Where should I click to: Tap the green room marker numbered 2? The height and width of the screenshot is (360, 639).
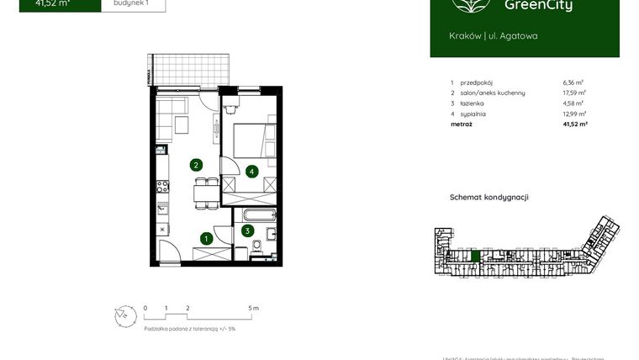click(x=195, y=165)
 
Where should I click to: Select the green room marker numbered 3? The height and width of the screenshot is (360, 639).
click(x=247, y=230)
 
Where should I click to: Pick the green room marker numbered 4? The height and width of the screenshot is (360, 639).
click(x=252, y=171)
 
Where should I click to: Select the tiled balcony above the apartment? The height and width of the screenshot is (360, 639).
click(x=192, y=67)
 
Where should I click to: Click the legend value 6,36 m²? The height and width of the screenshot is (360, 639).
click(x=574, y=83)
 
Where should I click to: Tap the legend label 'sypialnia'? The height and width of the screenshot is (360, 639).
click(x=473, y=114)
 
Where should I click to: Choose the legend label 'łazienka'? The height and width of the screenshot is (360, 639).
click(x=472, y=103)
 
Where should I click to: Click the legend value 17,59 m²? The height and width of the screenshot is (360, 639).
click(x=573, y=93)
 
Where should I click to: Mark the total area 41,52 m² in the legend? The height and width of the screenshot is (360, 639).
click(x=574, y=124)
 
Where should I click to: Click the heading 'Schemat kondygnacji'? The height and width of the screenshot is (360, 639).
click(x=489, y=197)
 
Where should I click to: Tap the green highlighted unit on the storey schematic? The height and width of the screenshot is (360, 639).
click(x=475, y=256)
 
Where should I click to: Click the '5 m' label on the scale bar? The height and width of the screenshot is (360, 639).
click(x=254, y=309)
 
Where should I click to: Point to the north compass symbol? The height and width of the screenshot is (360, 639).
click(x=124, y=315)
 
